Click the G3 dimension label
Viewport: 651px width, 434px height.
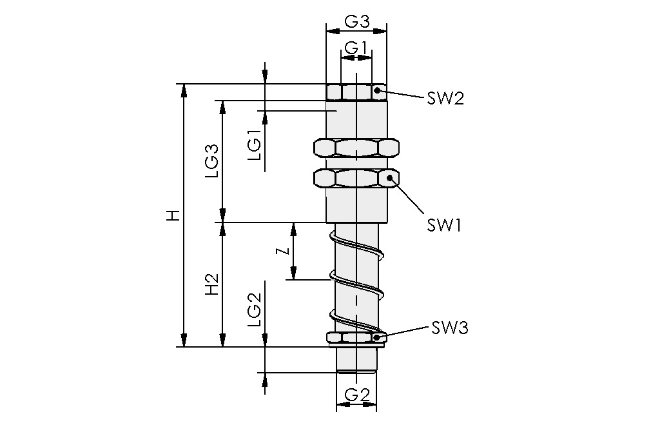tap(356, 21)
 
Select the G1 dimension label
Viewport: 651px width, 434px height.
tap(356, 48)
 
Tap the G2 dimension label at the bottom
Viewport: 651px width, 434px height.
tap(356, 394)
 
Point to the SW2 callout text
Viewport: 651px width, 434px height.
tap(445, 99)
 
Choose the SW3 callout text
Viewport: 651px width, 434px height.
tap(449, 328)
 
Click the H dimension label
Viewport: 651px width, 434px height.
tap(172, 215)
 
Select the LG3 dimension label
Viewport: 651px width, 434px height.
tap(211, 161)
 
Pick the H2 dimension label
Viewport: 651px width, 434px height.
tap(211, 284)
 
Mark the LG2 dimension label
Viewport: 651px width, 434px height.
tap(255, 310)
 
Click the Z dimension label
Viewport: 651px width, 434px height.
tap(281, 252)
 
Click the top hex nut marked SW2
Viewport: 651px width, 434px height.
tap(356, 92)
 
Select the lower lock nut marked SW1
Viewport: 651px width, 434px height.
tap(356, 177)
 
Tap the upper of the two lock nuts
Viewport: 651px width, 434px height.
tap(356, 148)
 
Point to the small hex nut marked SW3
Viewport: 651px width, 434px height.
tap(356, 337)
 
